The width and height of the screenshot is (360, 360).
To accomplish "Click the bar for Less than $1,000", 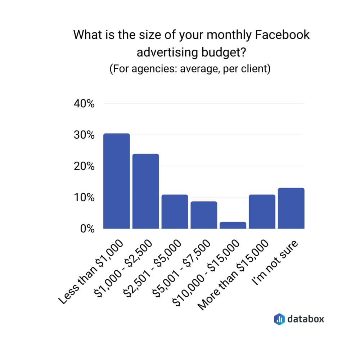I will point(117,181).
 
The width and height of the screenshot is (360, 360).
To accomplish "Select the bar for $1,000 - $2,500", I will point(146,191).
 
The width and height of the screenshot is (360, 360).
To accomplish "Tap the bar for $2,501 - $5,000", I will point(175,212).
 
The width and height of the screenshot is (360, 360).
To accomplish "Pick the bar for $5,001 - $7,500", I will point(204,215).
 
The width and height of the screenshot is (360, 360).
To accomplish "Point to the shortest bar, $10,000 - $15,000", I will point(233,225).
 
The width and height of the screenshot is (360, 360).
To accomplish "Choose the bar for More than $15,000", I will point(262,212).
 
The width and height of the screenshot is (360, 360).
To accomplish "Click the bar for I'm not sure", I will point(291,208).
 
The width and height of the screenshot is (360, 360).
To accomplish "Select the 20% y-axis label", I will point(84,166).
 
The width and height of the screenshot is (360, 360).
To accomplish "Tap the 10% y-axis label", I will point(84,198).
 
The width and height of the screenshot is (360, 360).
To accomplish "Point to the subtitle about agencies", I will point(190,68).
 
